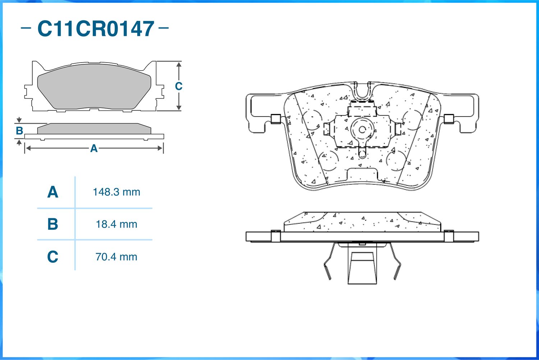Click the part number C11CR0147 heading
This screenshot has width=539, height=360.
tap(96, 29)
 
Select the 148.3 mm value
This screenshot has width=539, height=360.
tap(116, 192)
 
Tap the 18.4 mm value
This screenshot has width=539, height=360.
tap(116, 224)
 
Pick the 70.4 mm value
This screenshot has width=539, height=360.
tap(116, 257)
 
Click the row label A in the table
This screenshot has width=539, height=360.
tap(52, 192)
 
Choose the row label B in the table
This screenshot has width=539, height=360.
tap(52, 224)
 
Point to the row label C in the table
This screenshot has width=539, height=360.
tap(52, 257)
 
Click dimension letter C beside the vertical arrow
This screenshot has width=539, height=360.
tap(179, 86)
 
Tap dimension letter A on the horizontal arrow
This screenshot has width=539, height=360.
tap(94, 148)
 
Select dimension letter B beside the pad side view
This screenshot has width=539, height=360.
tap(19, 131)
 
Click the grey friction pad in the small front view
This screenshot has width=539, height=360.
tap(94, 86)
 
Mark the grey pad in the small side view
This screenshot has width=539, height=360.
tap(94, 129)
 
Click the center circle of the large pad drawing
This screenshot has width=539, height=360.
tap(362, 129)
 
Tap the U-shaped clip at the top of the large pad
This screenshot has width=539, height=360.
tap(362, 91)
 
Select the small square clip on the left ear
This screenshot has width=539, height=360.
tap(276, 119)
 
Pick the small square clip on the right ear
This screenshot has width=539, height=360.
tap(449, 119)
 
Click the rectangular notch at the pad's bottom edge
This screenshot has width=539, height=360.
tap(362, 175)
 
